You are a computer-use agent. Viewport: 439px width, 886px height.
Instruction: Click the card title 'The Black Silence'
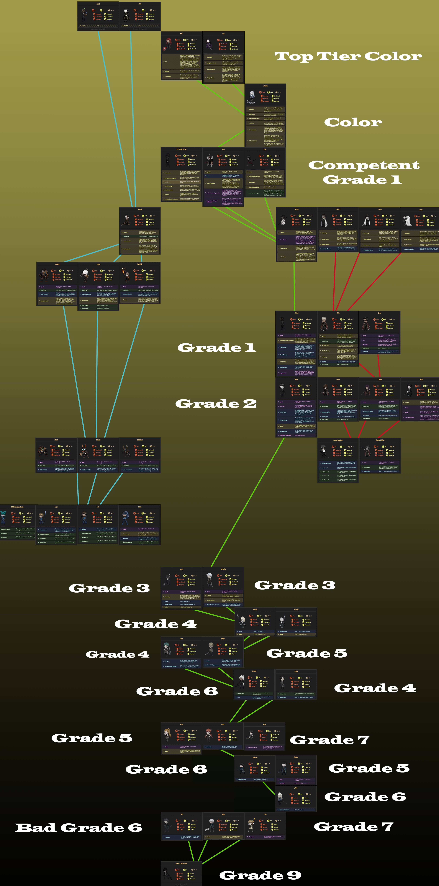pos(181,149)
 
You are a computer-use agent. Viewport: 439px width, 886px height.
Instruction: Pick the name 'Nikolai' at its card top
pos(140,209)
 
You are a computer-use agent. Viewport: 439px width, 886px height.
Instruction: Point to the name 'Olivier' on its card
pos(297,209)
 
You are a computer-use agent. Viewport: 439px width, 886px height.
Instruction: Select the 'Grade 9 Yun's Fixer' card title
pos(181,863)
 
